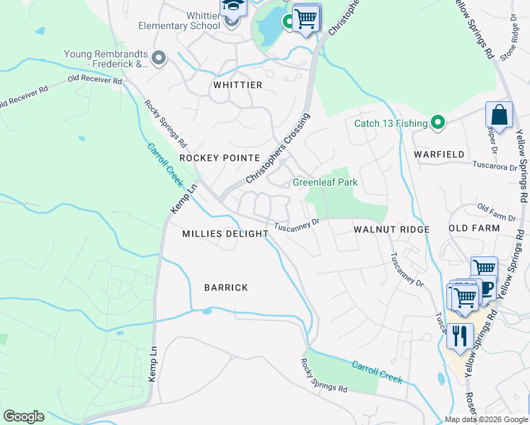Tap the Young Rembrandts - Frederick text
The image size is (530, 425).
(106, 59)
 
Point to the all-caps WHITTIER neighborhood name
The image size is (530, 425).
(238, 85)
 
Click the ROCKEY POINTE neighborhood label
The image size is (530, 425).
(220, 157)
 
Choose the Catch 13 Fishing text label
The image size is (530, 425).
(390, 124)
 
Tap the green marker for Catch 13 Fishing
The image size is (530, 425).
(438, 123)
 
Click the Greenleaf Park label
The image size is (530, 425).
(325, 182)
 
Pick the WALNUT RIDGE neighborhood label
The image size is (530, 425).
(391, 229)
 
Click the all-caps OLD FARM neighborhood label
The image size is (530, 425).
(474, 228)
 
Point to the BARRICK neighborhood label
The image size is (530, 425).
(226, 288)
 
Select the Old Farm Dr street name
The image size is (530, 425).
(495, 209)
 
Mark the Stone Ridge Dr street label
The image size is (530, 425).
(509, 39)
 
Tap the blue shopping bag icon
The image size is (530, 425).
(499, 115)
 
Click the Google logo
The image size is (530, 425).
(23, 416)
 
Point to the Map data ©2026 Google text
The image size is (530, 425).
(486, 419)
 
